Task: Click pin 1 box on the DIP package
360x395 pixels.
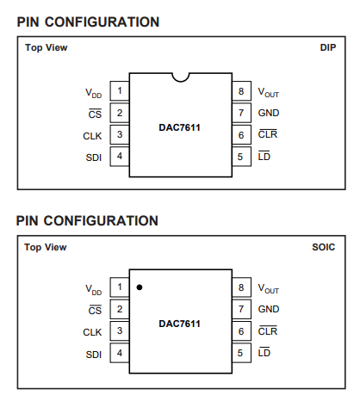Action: click(x=120, y=91)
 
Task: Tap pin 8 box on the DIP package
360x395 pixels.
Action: click(x=241, y=91)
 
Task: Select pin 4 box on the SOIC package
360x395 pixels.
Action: click(x=120, y=353)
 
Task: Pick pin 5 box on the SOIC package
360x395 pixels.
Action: click(x=241, y=353)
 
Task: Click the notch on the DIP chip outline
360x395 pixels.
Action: click(x=181, y=81)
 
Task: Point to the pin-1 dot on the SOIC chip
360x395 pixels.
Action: click(x=140, y=287)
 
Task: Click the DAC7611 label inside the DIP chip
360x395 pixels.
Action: click(x=180, y=127)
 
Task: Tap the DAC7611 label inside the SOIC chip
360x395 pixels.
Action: click(x=180, y=324)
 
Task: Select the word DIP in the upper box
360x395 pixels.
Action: click(x=328, y=47)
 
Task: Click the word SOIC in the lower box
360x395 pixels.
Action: click(x=324, y=247)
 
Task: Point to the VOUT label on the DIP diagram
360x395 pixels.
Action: click(x=269, y=92)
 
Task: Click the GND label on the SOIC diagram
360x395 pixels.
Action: click(x=269, y=309)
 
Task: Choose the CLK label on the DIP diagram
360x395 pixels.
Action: click(x=92, y=136)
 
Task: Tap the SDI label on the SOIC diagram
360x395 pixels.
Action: click(x=94, y=355)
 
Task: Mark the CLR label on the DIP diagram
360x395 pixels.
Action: click(x=268, y=134)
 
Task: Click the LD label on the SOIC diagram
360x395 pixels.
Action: click(x=264, y=352)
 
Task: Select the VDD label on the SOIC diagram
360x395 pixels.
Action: click(x=94, y=290)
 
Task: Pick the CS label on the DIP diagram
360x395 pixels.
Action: click(x=95, y=114)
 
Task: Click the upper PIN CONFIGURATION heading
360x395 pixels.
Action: click(x=88, y=22)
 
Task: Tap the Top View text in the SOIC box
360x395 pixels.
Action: click(x=46, y=247)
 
